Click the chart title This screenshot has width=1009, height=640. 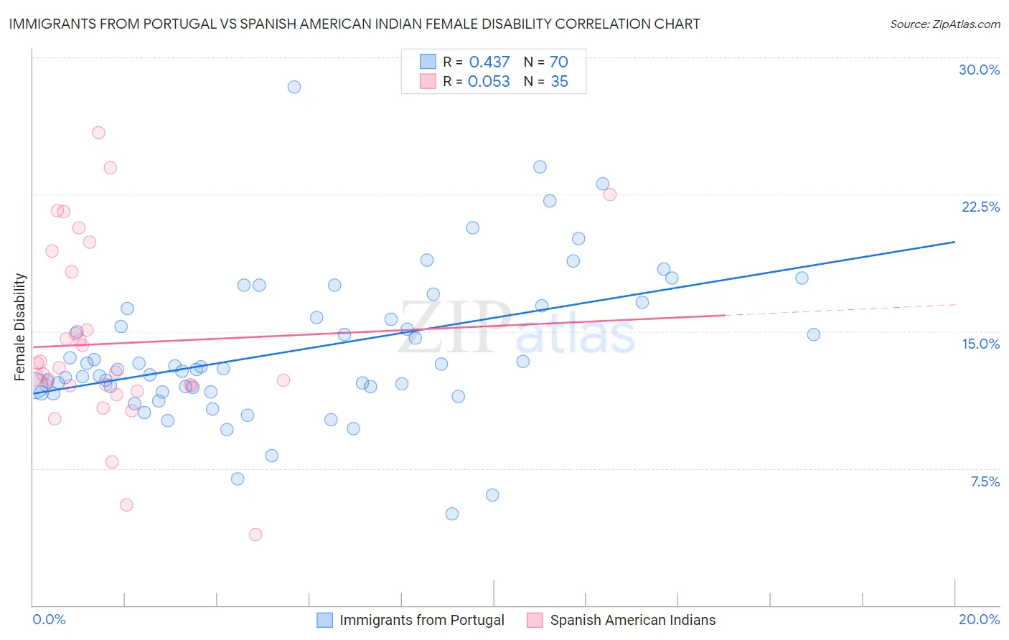(x=355, y=24)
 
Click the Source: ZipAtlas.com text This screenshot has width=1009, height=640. (x=944, y=24)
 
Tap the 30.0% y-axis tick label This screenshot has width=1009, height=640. (x=979, y=70)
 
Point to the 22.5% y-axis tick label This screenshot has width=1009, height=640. (x=980, y=207)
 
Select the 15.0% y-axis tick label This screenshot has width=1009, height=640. (x=980, y=344)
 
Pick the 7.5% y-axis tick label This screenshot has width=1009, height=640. (x=985, y=481)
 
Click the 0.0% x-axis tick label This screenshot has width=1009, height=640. (x=49, y=619)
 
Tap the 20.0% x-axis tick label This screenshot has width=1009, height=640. (x=979, y=619)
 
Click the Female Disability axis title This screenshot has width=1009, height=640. (x=20, y=327)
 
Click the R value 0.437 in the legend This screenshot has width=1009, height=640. (x=489, y=62)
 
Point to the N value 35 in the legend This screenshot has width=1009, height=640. (x=559, y=82)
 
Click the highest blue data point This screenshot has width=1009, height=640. (x=294, y=87)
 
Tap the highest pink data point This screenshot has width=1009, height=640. (x=99, y=133)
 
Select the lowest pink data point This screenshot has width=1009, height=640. (x=255, y=535)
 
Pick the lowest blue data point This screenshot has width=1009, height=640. (x=452, y=514)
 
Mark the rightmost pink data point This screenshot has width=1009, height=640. (x=610, y=194)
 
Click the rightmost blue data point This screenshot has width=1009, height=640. (x=813, y=334)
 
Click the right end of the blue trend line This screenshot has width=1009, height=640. (x=954, y=242)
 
